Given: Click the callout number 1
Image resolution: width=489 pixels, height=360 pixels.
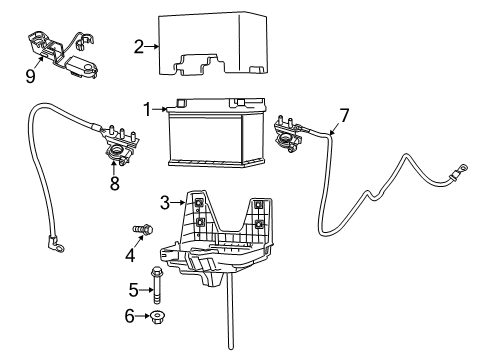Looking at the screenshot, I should (x=146, y=109).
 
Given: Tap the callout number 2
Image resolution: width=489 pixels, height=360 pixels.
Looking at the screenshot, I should (x=139, y=45).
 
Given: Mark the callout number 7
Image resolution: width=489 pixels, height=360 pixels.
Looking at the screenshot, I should (x=343, y=116).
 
